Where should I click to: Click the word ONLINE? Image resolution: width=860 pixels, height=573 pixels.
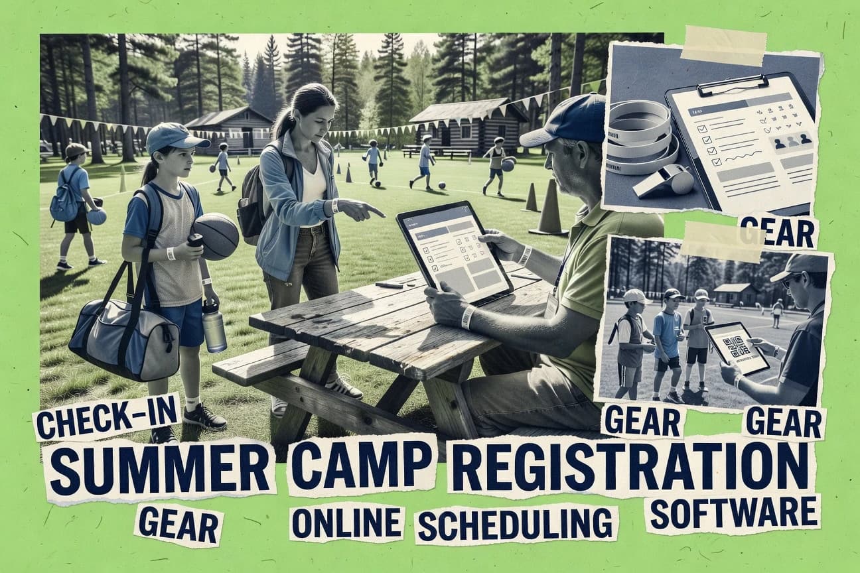point(347,522)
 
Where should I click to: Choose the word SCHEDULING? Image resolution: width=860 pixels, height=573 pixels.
point(516,523)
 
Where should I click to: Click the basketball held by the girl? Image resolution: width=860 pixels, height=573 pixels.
point(216,235)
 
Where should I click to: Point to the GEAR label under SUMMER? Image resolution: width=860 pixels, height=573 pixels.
point(179,525)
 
